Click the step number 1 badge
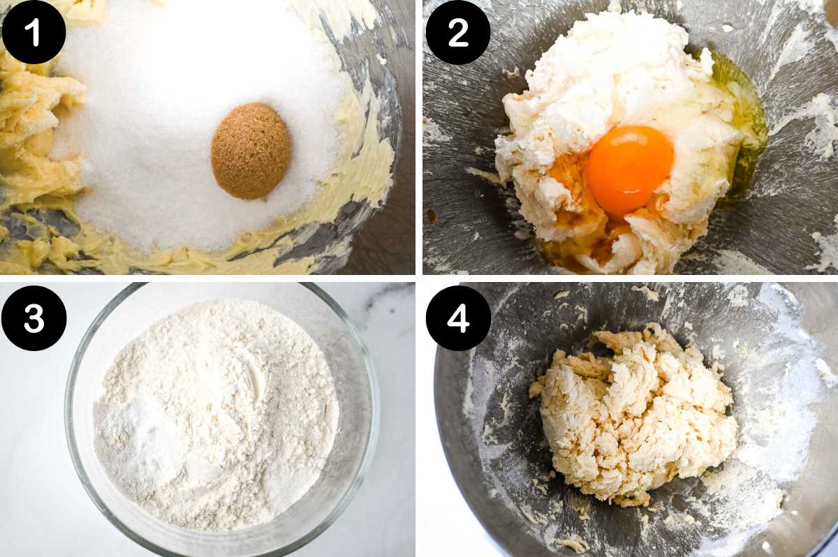[x=34, y=32]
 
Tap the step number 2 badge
[x=458, y=32]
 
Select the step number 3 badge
[x=34, y=318]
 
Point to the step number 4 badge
[x=458, y=318]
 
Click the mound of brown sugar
[x=251, y=150]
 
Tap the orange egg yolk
[x=628, y=169]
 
